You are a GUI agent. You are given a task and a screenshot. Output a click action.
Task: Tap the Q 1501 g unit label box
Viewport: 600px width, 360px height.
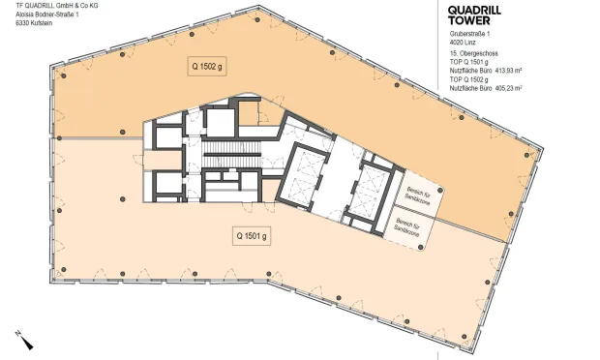coord(250,235)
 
